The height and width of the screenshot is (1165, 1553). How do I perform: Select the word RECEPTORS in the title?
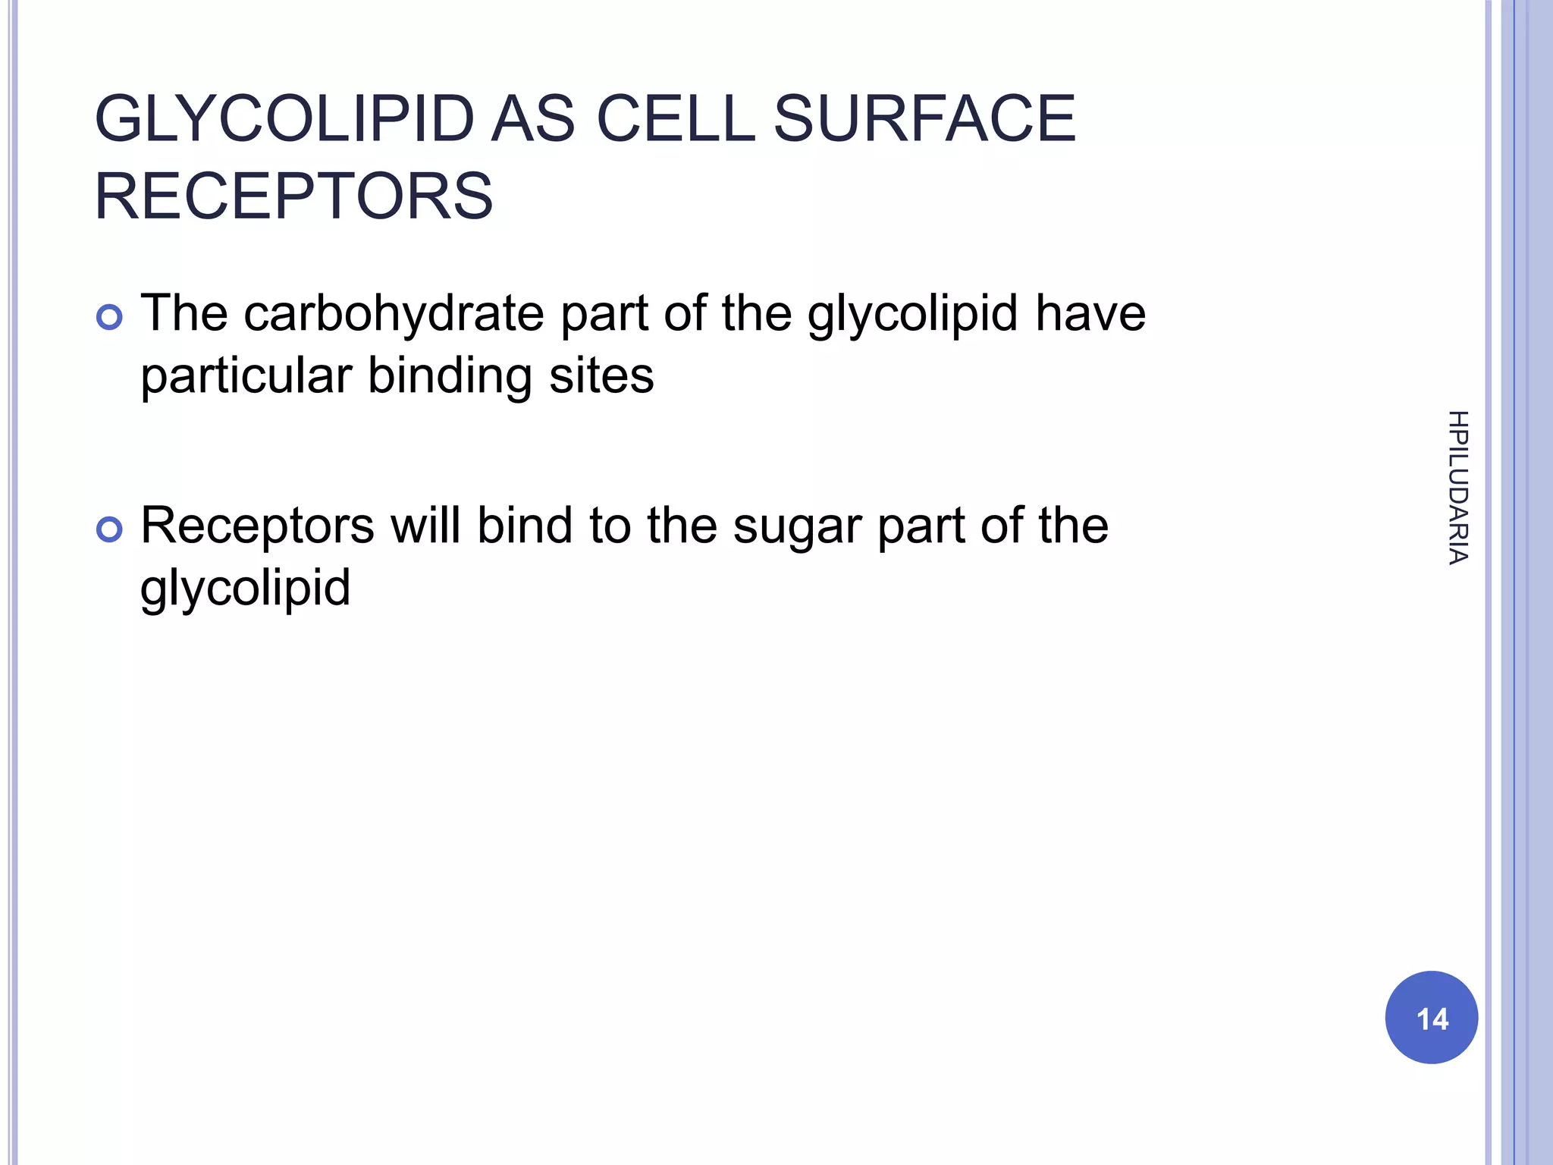click(x=293, y=196)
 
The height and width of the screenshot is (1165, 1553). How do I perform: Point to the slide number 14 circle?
click(x=1431, y=1017)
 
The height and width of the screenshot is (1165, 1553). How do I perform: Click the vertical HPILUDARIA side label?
click(x=1457, y=488)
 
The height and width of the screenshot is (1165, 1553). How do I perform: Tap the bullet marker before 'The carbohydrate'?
click(x=110, y=317)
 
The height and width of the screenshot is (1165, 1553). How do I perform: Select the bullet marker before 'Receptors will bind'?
click(x=110, y=529)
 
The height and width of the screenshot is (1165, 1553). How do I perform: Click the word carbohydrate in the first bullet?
click(x=394, y=313)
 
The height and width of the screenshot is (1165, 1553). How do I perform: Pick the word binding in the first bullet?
click(x=450, y=375)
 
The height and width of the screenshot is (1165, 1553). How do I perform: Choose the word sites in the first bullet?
click(x=601, y=375)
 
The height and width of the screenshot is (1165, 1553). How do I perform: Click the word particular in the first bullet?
click(x=246, y=375)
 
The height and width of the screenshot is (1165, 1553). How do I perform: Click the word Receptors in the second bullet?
click(x=257, y=526)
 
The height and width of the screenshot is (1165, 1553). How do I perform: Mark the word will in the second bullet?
click(x=425, y=526)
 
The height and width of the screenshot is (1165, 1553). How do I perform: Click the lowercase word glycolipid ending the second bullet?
click(x=245, y=588)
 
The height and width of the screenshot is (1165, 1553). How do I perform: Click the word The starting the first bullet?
click(x=184, y=313)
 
